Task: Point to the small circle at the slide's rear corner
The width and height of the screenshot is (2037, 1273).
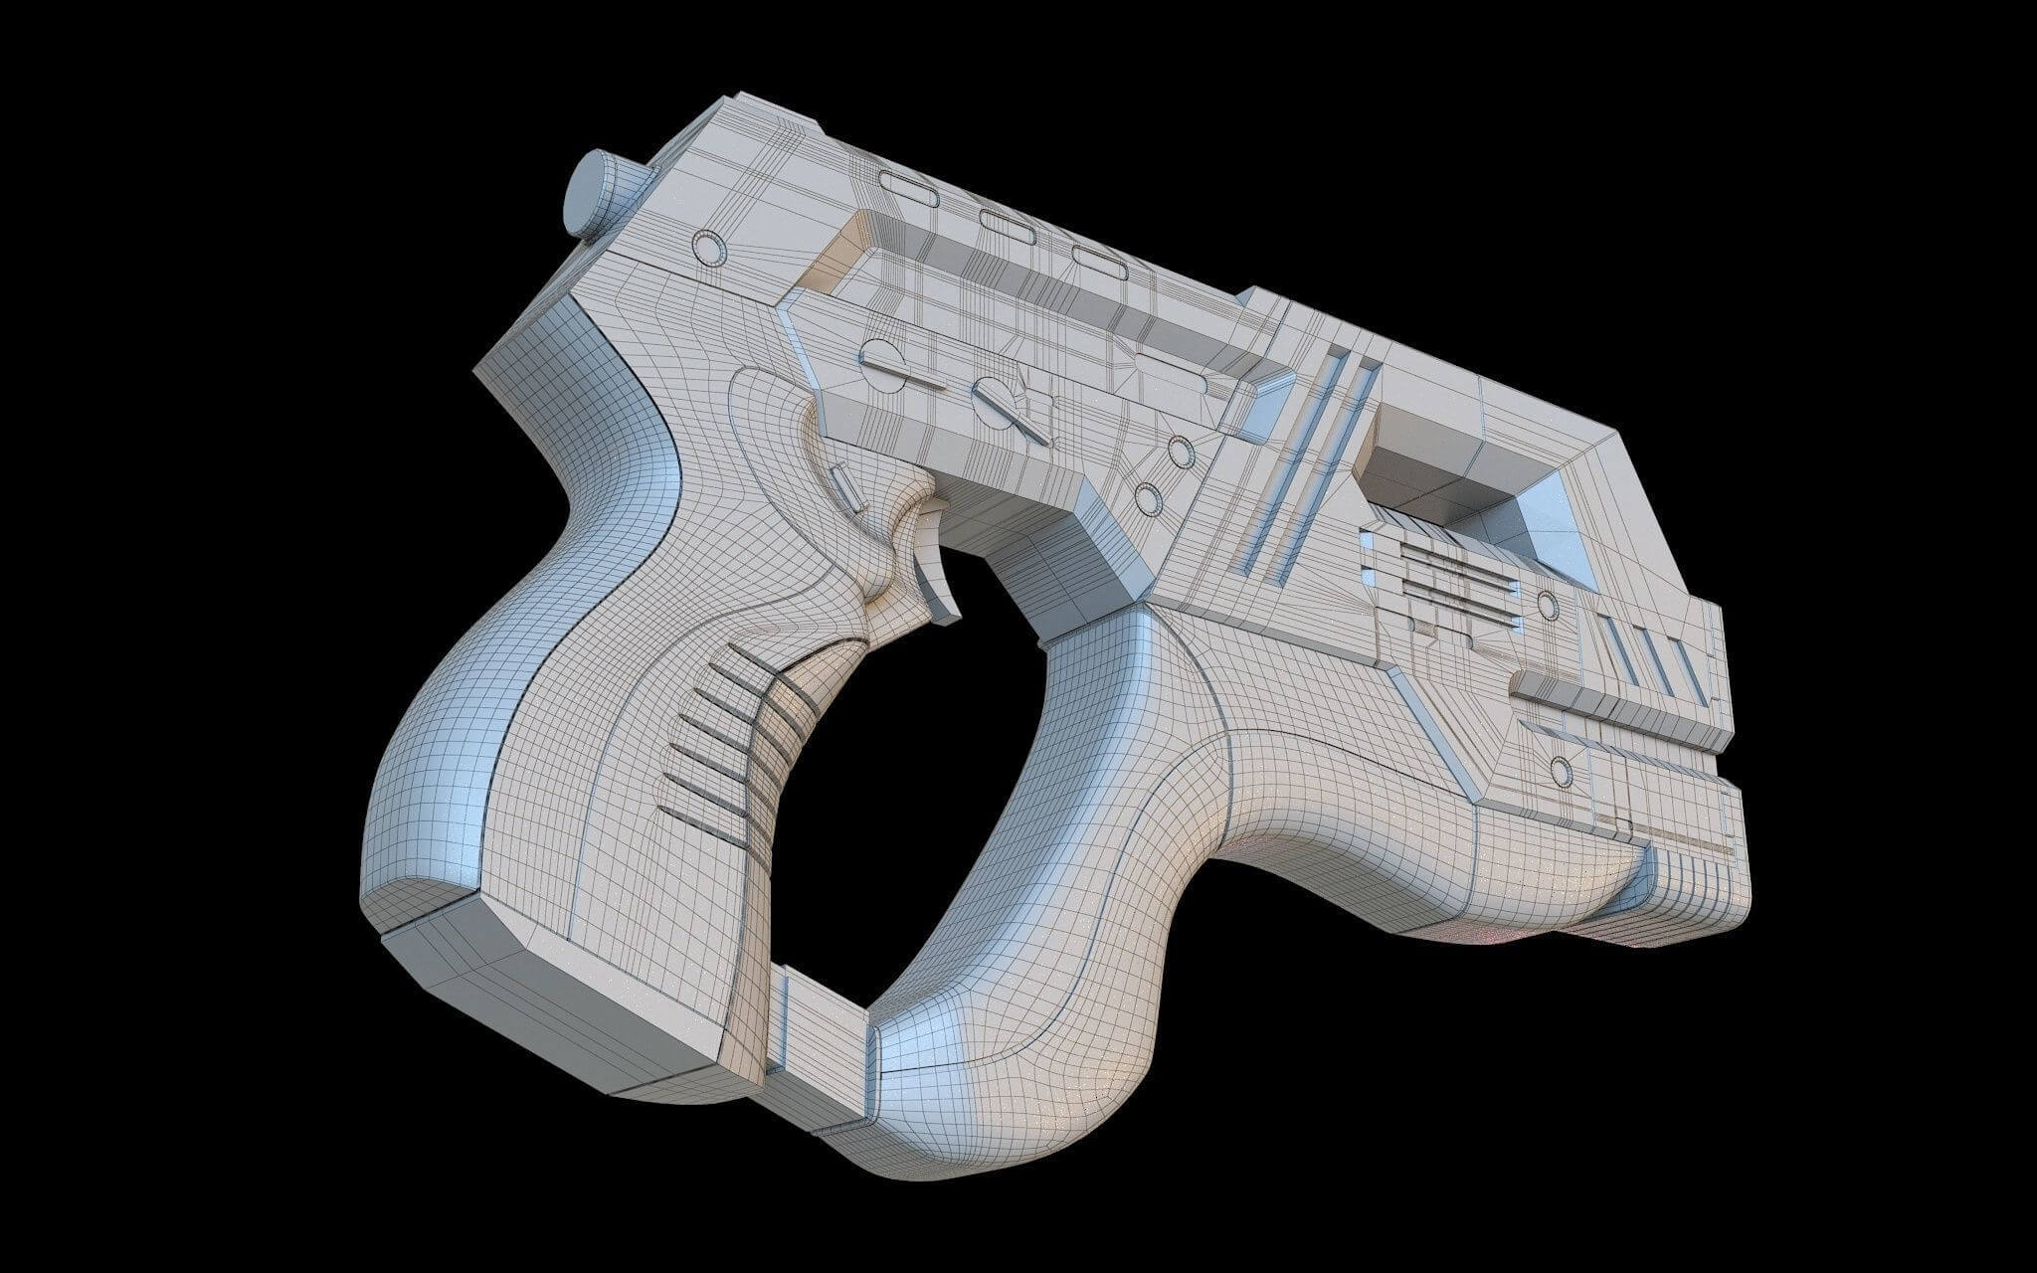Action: tap(708, 246)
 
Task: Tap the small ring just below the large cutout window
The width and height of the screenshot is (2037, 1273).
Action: tap(1546, 604)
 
